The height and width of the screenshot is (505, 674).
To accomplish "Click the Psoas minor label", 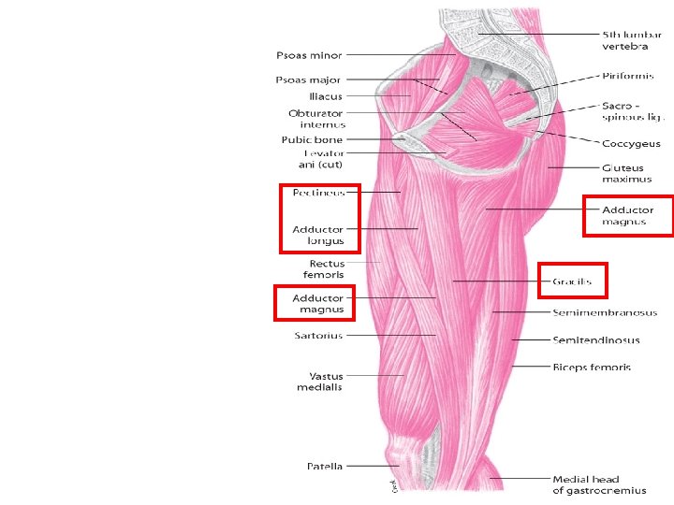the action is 309,56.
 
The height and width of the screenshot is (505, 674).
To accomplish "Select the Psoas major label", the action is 309,79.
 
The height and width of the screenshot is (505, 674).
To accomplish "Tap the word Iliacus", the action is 325,95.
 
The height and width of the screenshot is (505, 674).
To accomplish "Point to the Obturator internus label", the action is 316,119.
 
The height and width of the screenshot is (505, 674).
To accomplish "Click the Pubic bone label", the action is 312,140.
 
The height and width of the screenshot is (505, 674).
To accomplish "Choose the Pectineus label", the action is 318,193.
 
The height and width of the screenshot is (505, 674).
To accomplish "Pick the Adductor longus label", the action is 318,235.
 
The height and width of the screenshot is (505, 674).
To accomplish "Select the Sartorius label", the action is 319,335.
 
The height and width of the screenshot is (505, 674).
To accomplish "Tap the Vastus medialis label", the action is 319,382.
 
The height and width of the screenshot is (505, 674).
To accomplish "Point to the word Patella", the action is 325,466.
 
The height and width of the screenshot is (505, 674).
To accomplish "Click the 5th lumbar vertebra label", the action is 625,40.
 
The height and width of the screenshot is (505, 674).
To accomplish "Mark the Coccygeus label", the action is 631,144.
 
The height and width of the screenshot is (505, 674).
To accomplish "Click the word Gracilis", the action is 573,281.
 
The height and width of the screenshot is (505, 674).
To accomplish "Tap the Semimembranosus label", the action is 605,312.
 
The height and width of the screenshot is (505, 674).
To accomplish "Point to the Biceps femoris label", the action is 592,367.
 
